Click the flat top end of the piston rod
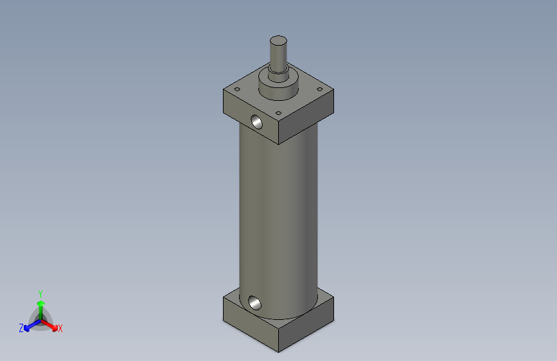click(278, 40)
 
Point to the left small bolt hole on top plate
click(237, 89)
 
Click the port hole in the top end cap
click(256, 121)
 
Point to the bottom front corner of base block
click(278, 351)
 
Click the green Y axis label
click(40, 292)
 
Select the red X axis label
click(60, 328)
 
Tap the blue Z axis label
click(21, 328)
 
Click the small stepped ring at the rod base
click(278, 75)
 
